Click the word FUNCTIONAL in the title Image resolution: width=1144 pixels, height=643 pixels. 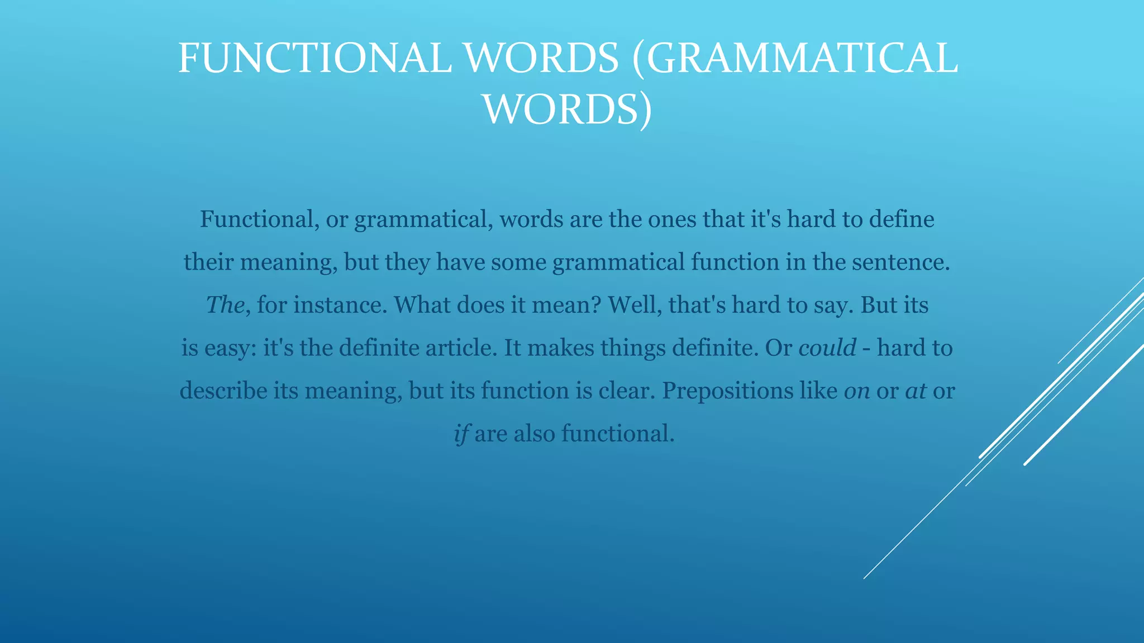click(x=314, y=58)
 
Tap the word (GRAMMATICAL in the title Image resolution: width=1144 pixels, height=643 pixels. click(x=795, y=58)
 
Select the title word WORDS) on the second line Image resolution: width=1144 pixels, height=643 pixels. click(x=567, y=109)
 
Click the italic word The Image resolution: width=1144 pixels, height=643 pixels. click(x=225, y=305)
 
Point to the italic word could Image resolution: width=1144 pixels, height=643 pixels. click(x=827, y=348)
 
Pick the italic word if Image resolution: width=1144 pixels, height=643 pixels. click(x=461, y=434)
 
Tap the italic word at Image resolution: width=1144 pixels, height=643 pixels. click(x=916, y=391)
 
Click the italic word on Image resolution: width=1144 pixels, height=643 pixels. click(x=857, y=391)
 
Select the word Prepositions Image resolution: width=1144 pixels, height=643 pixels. click(x=727, y=391)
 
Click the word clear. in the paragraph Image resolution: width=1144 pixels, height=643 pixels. click(x=627, y=391)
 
